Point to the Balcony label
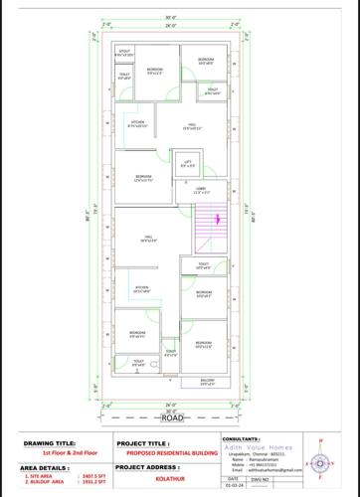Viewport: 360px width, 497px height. click(x=207, y=382)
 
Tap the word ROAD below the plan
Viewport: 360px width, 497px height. click(x=172, y=417)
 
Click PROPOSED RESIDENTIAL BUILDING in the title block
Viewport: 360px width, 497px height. click(x=166, y=453)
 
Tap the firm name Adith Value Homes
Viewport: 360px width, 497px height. click(x=264, y=445)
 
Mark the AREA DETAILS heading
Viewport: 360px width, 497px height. click(x=44, y=466)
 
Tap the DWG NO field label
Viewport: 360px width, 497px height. click(x=261, y=481)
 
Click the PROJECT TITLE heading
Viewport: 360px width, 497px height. click(x=144, y=443)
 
